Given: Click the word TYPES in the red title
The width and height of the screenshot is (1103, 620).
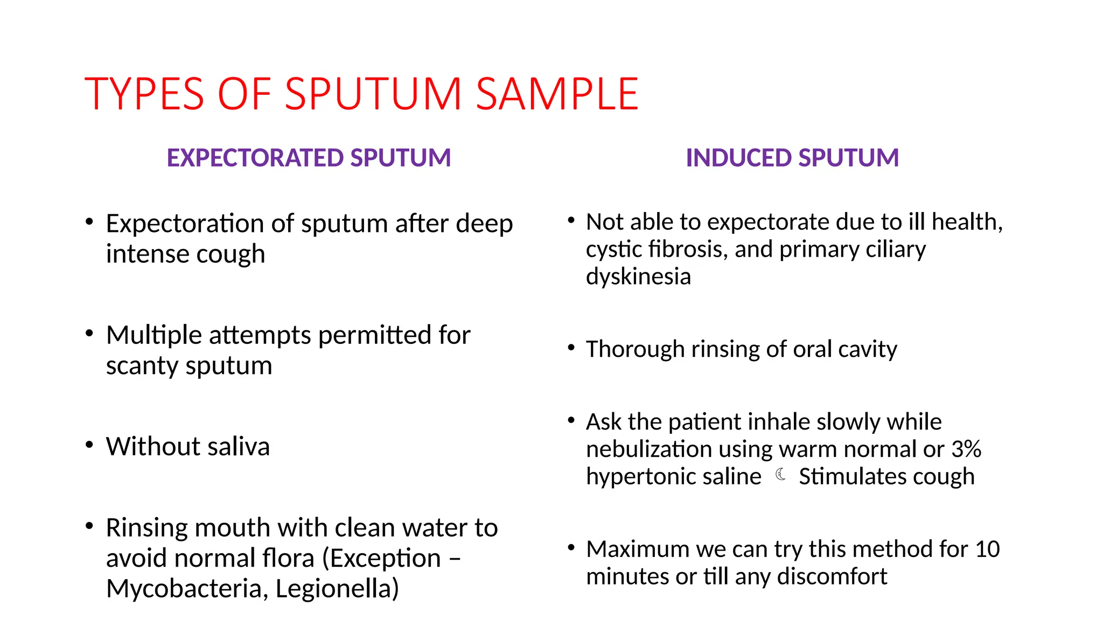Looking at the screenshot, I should point(144,94).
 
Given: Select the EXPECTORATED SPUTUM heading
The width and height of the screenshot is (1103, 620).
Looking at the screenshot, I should point(309,158).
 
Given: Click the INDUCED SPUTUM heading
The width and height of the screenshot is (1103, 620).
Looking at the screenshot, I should point(792,158).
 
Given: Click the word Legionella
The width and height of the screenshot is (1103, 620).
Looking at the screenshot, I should point(337,588).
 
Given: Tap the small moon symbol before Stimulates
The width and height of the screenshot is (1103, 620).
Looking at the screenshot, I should point(780,475).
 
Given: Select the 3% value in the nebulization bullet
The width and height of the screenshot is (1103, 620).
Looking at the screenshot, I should point(966,449).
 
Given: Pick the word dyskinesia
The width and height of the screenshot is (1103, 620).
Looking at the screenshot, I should point(638,277).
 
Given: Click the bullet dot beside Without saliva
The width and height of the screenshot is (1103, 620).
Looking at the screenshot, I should point(89,445).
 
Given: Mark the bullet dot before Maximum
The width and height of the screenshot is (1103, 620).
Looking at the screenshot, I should point(571,548).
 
